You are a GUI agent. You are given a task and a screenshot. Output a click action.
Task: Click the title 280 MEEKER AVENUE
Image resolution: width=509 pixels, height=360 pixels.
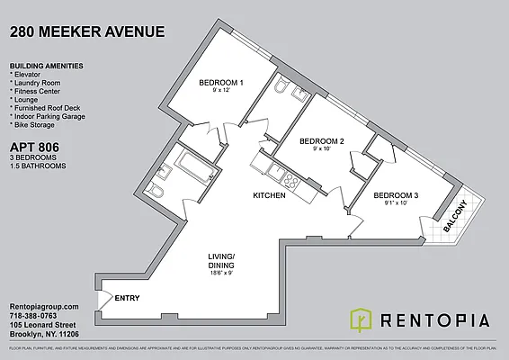[87, 32]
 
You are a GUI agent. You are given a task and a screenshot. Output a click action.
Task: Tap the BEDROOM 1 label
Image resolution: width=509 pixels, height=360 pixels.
[220, 84]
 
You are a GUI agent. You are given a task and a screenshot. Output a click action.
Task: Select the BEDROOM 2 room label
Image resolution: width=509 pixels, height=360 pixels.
[322, 141]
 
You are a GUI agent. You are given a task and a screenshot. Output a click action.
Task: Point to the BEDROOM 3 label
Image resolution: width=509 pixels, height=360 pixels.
[396, 195]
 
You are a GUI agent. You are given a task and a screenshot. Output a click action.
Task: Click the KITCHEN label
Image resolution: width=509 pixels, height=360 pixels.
[269, 195]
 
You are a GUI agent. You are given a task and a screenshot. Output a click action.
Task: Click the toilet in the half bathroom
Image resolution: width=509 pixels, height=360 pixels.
[281, 89]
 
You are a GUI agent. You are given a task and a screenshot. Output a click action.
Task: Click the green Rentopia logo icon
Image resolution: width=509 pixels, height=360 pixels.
[359, 319]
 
